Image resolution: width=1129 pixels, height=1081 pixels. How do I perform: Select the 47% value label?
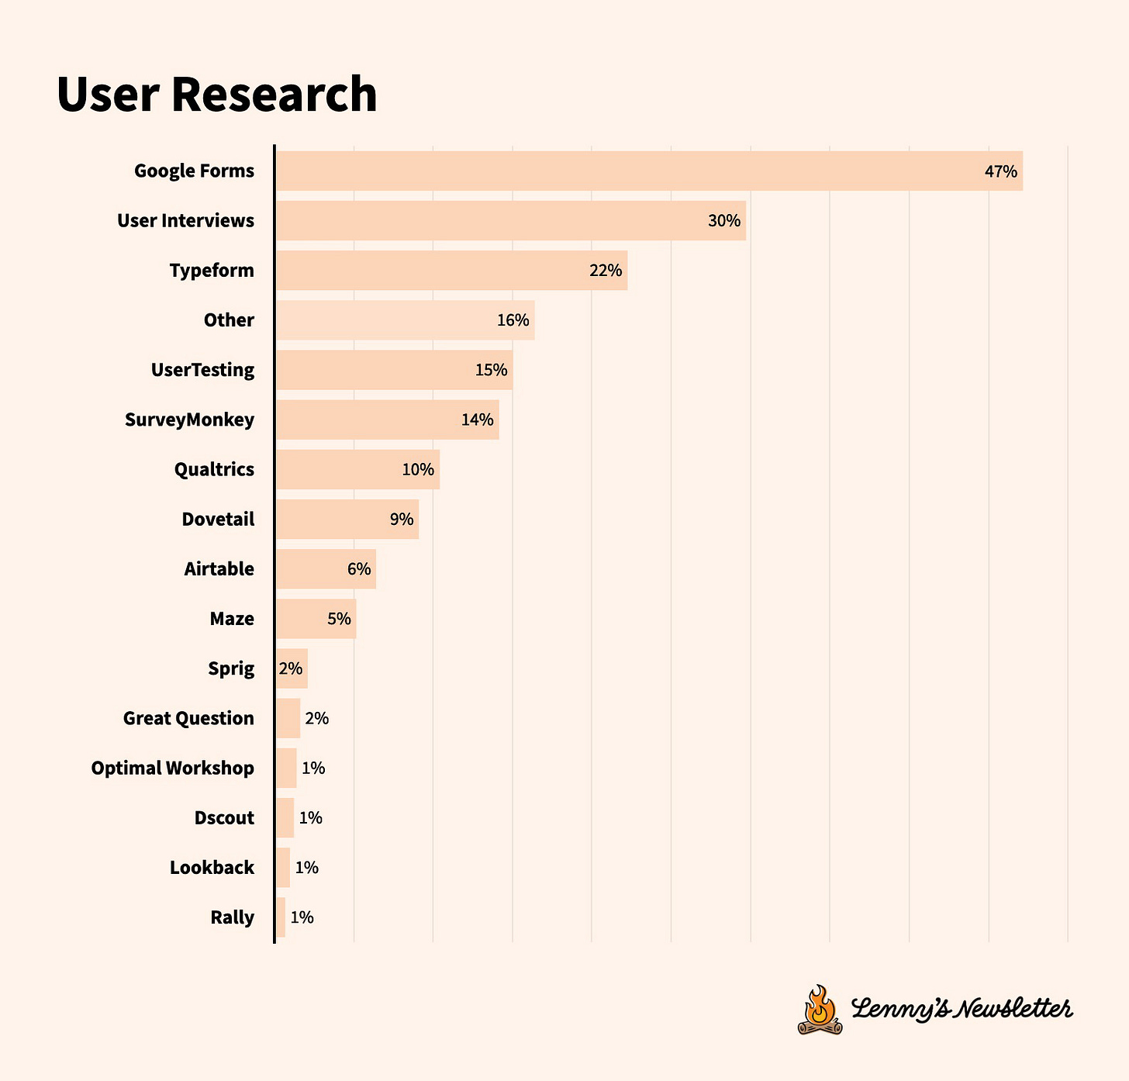(1000, 171)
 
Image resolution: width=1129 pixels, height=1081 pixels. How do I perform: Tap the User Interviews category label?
(185, 221)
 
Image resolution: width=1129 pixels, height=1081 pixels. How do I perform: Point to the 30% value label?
(723, 221)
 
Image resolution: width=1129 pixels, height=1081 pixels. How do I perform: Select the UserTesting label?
(202, 370)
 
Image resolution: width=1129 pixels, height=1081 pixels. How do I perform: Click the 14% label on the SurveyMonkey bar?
(477, 420)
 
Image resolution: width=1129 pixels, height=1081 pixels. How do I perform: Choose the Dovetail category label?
(218, 519)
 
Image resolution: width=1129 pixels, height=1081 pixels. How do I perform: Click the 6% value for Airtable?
(359, 569)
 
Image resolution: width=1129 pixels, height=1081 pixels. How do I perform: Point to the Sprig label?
(231, 668)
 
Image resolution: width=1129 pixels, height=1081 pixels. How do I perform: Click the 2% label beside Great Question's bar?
(316, 718)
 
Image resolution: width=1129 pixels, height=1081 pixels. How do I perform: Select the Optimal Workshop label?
(172, 768)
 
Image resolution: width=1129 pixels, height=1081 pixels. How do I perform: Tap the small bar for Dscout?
(285, 817)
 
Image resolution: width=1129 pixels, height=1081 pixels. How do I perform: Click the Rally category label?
(232, 917)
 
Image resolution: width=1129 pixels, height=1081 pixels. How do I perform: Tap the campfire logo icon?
(820, 1010)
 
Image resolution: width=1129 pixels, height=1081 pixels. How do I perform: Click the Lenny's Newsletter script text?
(962, 1009)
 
